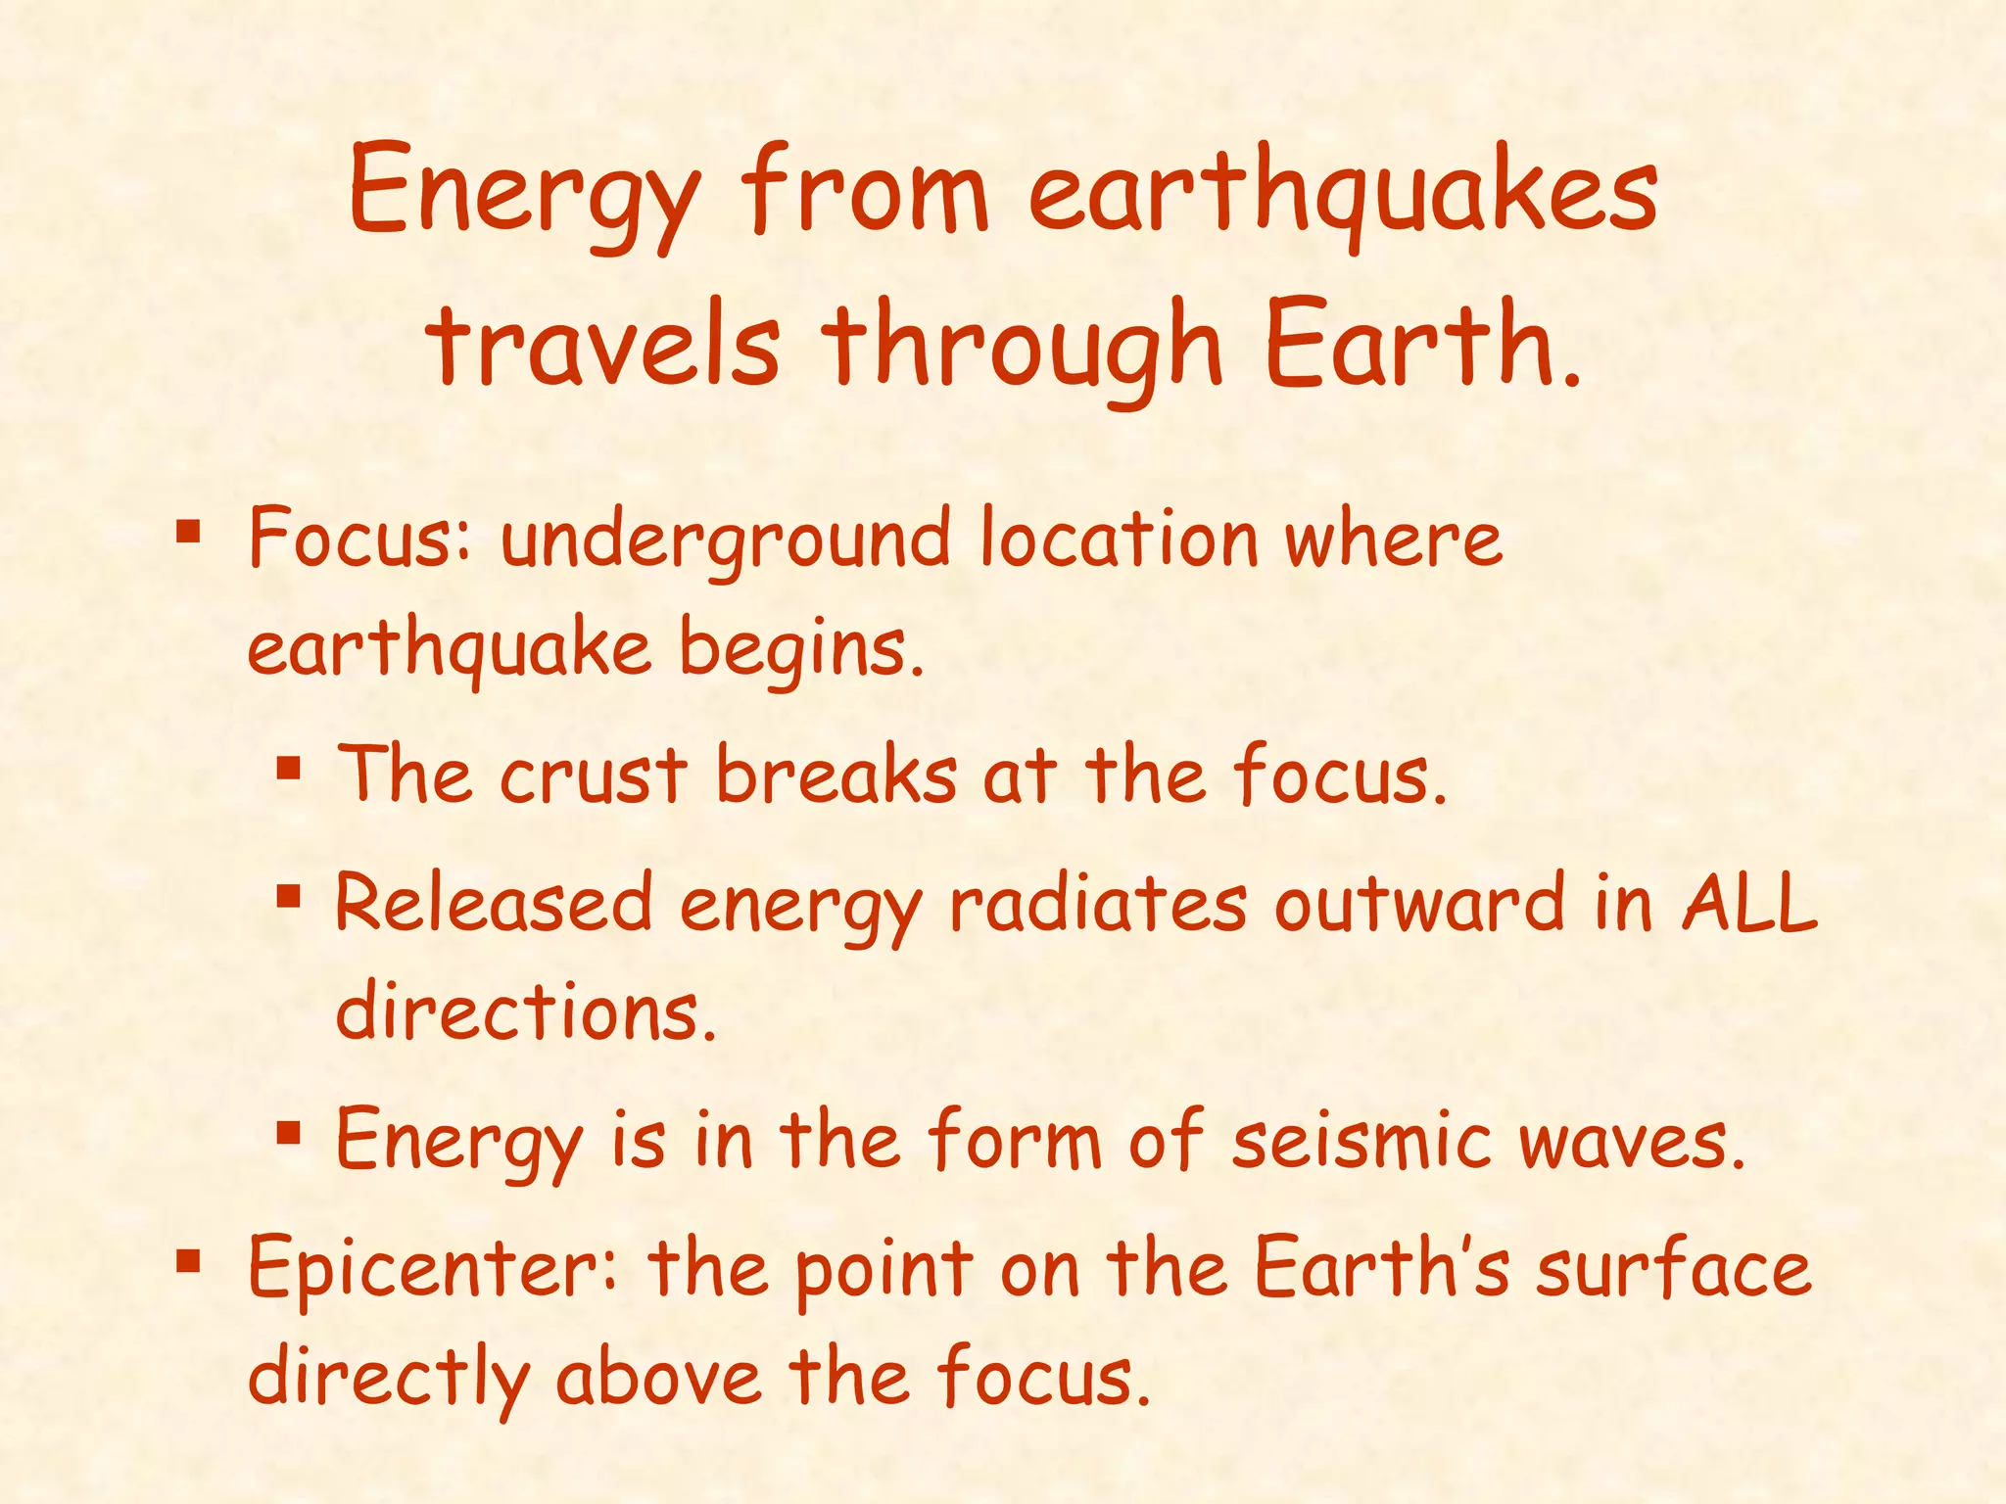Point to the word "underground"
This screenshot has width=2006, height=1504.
pos(725,541)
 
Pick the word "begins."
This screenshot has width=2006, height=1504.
pos(802,651)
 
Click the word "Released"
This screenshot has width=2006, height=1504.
pos(494,903)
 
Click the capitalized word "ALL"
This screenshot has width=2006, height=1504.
pos(1749,903)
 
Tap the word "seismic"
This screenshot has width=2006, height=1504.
pos(1361,1140)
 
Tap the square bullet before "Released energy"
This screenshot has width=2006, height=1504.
pos(287,895)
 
